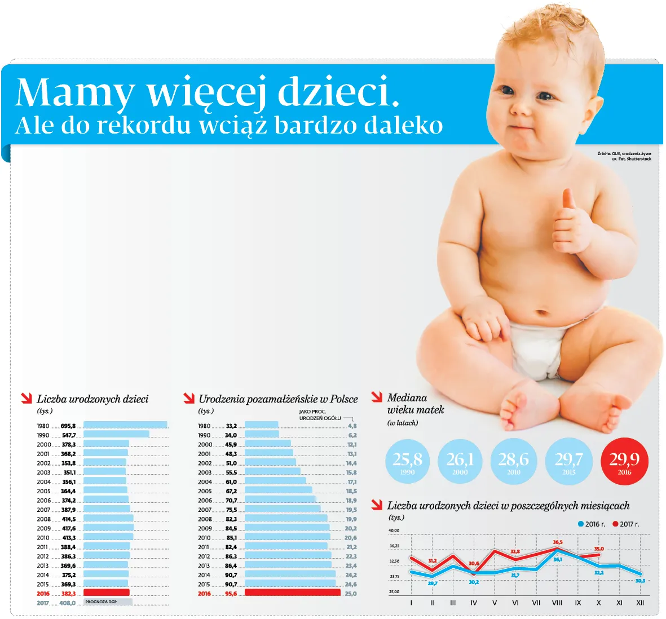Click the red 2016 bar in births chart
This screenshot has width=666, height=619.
(x=107, y=593)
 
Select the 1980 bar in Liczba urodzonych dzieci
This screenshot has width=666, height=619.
(x=125, y=425)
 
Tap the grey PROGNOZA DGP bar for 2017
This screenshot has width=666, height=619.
(x=108, y=602)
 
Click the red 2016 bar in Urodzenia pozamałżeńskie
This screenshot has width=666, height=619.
(x=293, y=593)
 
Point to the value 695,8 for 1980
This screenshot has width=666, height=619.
(x=68, y=426)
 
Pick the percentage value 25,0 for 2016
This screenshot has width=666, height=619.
(x=351, y=594)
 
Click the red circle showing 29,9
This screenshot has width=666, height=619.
(x=624, y=461)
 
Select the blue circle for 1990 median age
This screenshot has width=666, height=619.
(x=407, y=461)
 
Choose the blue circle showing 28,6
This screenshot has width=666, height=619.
(x=513, y=461)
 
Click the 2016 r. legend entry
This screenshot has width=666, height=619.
(x=592, y=524)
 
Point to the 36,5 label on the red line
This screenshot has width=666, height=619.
(x=558, y=542)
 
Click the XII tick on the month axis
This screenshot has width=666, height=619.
(x=640, y=603)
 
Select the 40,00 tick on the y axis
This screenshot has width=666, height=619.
(x=394, y=530)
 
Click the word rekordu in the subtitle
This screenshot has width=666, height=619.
(x=144, y=125)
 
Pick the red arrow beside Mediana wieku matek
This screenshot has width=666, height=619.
(x=377, y=397)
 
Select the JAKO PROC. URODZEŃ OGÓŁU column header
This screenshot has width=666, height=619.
(x=320, y=415)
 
